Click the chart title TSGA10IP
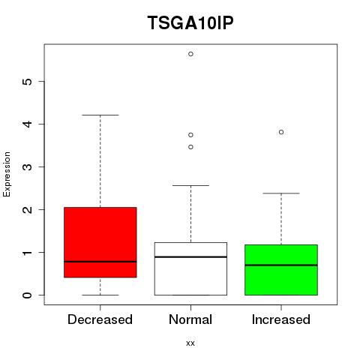coord(190,22)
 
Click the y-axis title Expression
coord(7,174)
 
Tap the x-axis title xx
coord(190,343)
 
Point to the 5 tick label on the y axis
coord(27,82)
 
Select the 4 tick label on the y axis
coord(27,124)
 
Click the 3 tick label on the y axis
coord(27,166)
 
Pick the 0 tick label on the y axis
coord(27,295)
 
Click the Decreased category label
coord(100,319)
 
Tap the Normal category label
coord(190,319)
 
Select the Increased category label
coord(281,319)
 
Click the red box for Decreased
coord(100,242)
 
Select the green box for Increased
coord(281,270)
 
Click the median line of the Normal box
coord(190,257)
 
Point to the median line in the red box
coord(100,262)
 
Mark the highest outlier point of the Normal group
coord(190,54)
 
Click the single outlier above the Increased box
coord(281,132)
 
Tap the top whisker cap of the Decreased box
coord(100,115)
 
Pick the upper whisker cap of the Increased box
coord(281,193)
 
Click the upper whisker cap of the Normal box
coord(190,185)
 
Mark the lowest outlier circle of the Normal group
coord(190,147)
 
